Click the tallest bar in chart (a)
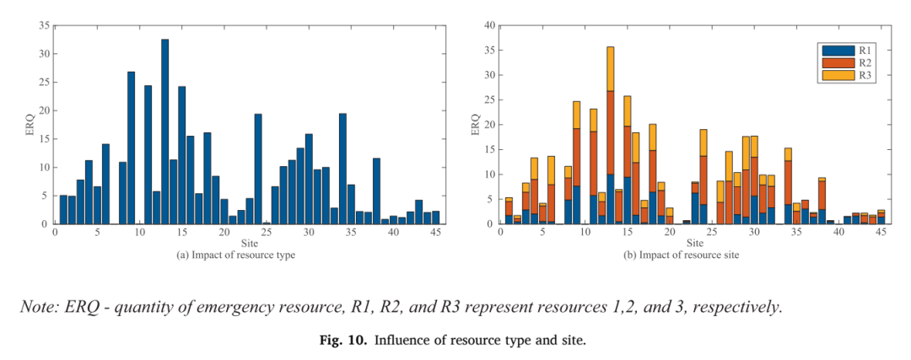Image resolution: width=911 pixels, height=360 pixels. coord(165,132)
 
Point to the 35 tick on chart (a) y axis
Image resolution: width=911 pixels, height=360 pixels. coord(44,25)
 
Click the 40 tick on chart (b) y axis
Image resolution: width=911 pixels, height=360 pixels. coord(489,25)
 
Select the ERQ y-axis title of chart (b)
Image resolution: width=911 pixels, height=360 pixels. coord(475,125)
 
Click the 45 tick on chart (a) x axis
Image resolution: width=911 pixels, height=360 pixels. coord(436,232)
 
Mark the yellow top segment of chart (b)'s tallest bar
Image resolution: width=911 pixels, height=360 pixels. coord(610,69)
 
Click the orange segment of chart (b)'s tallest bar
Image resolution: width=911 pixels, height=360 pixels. coord(610,132)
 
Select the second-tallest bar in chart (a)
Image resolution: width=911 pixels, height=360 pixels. coord(132,148)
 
